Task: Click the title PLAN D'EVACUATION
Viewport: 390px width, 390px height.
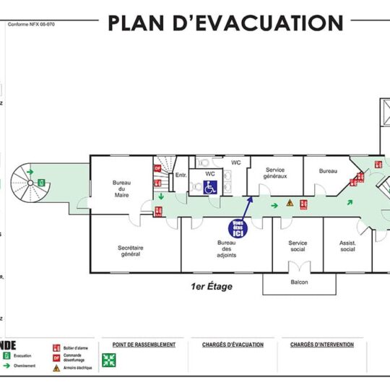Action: (x=226, y=23)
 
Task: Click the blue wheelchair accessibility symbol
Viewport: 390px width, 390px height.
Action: (x=210, y=187)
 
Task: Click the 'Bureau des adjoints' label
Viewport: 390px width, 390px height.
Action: (x=226, y=250)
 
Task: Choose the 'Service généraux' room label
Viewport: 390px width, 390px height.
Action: (x=274, y=173)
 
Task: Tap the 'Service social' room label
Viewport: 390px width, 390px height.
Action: (x=298, y=246)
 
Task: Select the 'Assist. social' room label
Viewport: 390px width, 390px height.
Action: (x=347, y=246)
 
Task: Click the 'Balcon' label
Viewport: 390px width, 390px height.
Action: (x=299, y=282)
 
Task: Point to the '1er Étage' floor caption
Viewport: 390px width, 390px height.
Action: (x=212, y=287)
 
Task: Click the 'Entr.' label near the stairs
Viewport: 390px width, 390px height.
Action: (x=181, y=175)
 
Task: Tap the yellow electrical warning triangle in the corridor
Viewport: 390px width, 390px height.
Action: (x=290, y=204)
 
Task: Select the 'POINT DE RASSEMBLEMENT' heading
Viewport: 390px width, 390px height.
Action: (x=139, y=345)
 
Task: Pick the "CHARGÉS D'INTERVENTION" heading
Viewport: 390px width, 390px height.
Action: (x=322, y=345)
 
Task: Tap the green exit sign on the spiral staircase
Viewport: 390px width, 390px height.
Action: (x=43, y=182)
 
